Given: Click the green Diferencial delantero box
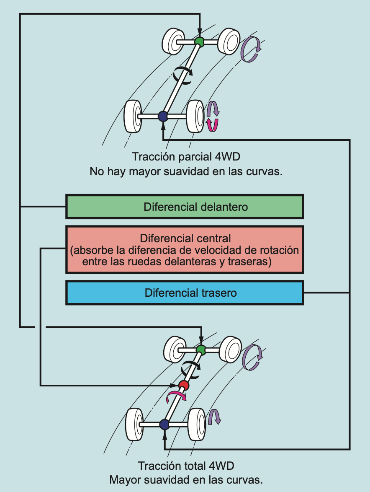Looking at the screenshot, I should coord(185,207).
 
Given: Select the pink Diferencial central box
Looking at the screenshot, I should coord(185,250).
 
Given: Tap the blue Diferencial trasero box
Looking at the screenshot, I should coord(185,293).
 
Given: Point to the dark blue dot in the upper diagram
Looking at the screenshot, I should coord(163,116).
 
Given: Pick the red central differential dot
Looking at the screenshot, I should coord(183,385).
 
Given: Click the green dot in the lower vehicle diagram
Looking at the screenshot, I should coord(201,350).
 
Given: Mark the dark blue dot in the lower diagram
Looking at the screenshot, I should coord(164,424).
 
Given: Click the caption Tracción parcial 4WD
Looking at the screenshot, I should coord(186,157).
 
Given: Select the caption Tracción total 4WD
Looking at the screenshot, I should coord(186,466).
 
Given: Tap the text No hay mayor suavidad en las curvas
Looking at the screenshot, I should coord(186,171).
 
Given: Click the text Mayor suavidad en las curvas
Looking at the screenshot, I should coord(186,479).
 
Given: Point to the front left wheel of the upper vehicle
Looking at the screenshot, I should coord(172,41).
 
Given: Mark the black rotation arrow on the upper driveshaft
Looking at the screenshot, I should coord(183,74).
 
